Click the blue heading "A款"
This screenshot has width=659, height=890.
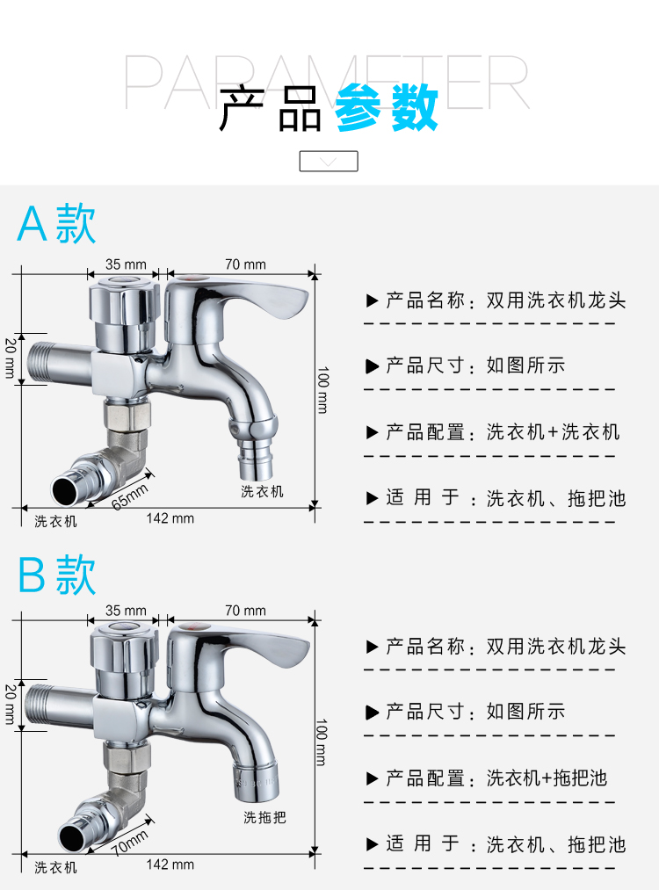click(56, 224)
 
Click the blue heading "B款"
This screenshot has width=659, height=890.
click(56, 575)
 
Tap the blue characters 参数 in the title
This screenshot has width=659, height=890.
click(386, 107)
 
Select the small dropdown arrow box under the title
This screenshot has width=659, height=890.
click(329, 161)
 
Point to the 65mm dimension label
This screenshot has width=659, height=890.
click(129, 496)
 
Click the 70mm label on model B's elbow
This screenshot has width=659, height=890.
click(129, 843)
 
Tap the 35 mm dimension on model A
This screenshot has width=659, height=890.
click(126, 264)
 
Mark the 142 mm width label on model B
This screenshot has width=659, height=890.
click(170, 865)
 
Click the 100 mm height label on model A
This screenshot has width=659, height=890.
click(322, 390)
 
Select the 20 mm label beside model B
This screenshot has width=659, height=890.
click(11, 705)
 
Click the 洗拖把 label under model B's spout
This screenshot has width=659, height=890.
click(264, 817)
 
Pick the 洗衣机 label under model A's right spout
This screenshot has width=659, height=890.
click(262, 491)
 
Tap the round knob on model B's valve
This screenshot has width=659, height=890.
click(124, 647)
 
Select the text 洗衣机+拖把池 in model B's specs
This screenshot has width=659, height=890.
click(547, 778)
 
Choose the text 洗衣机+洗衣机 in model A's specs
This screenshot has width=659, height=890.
click(553, 432)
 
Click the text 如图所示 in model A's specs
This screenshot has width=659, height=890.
click(525, 365)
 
